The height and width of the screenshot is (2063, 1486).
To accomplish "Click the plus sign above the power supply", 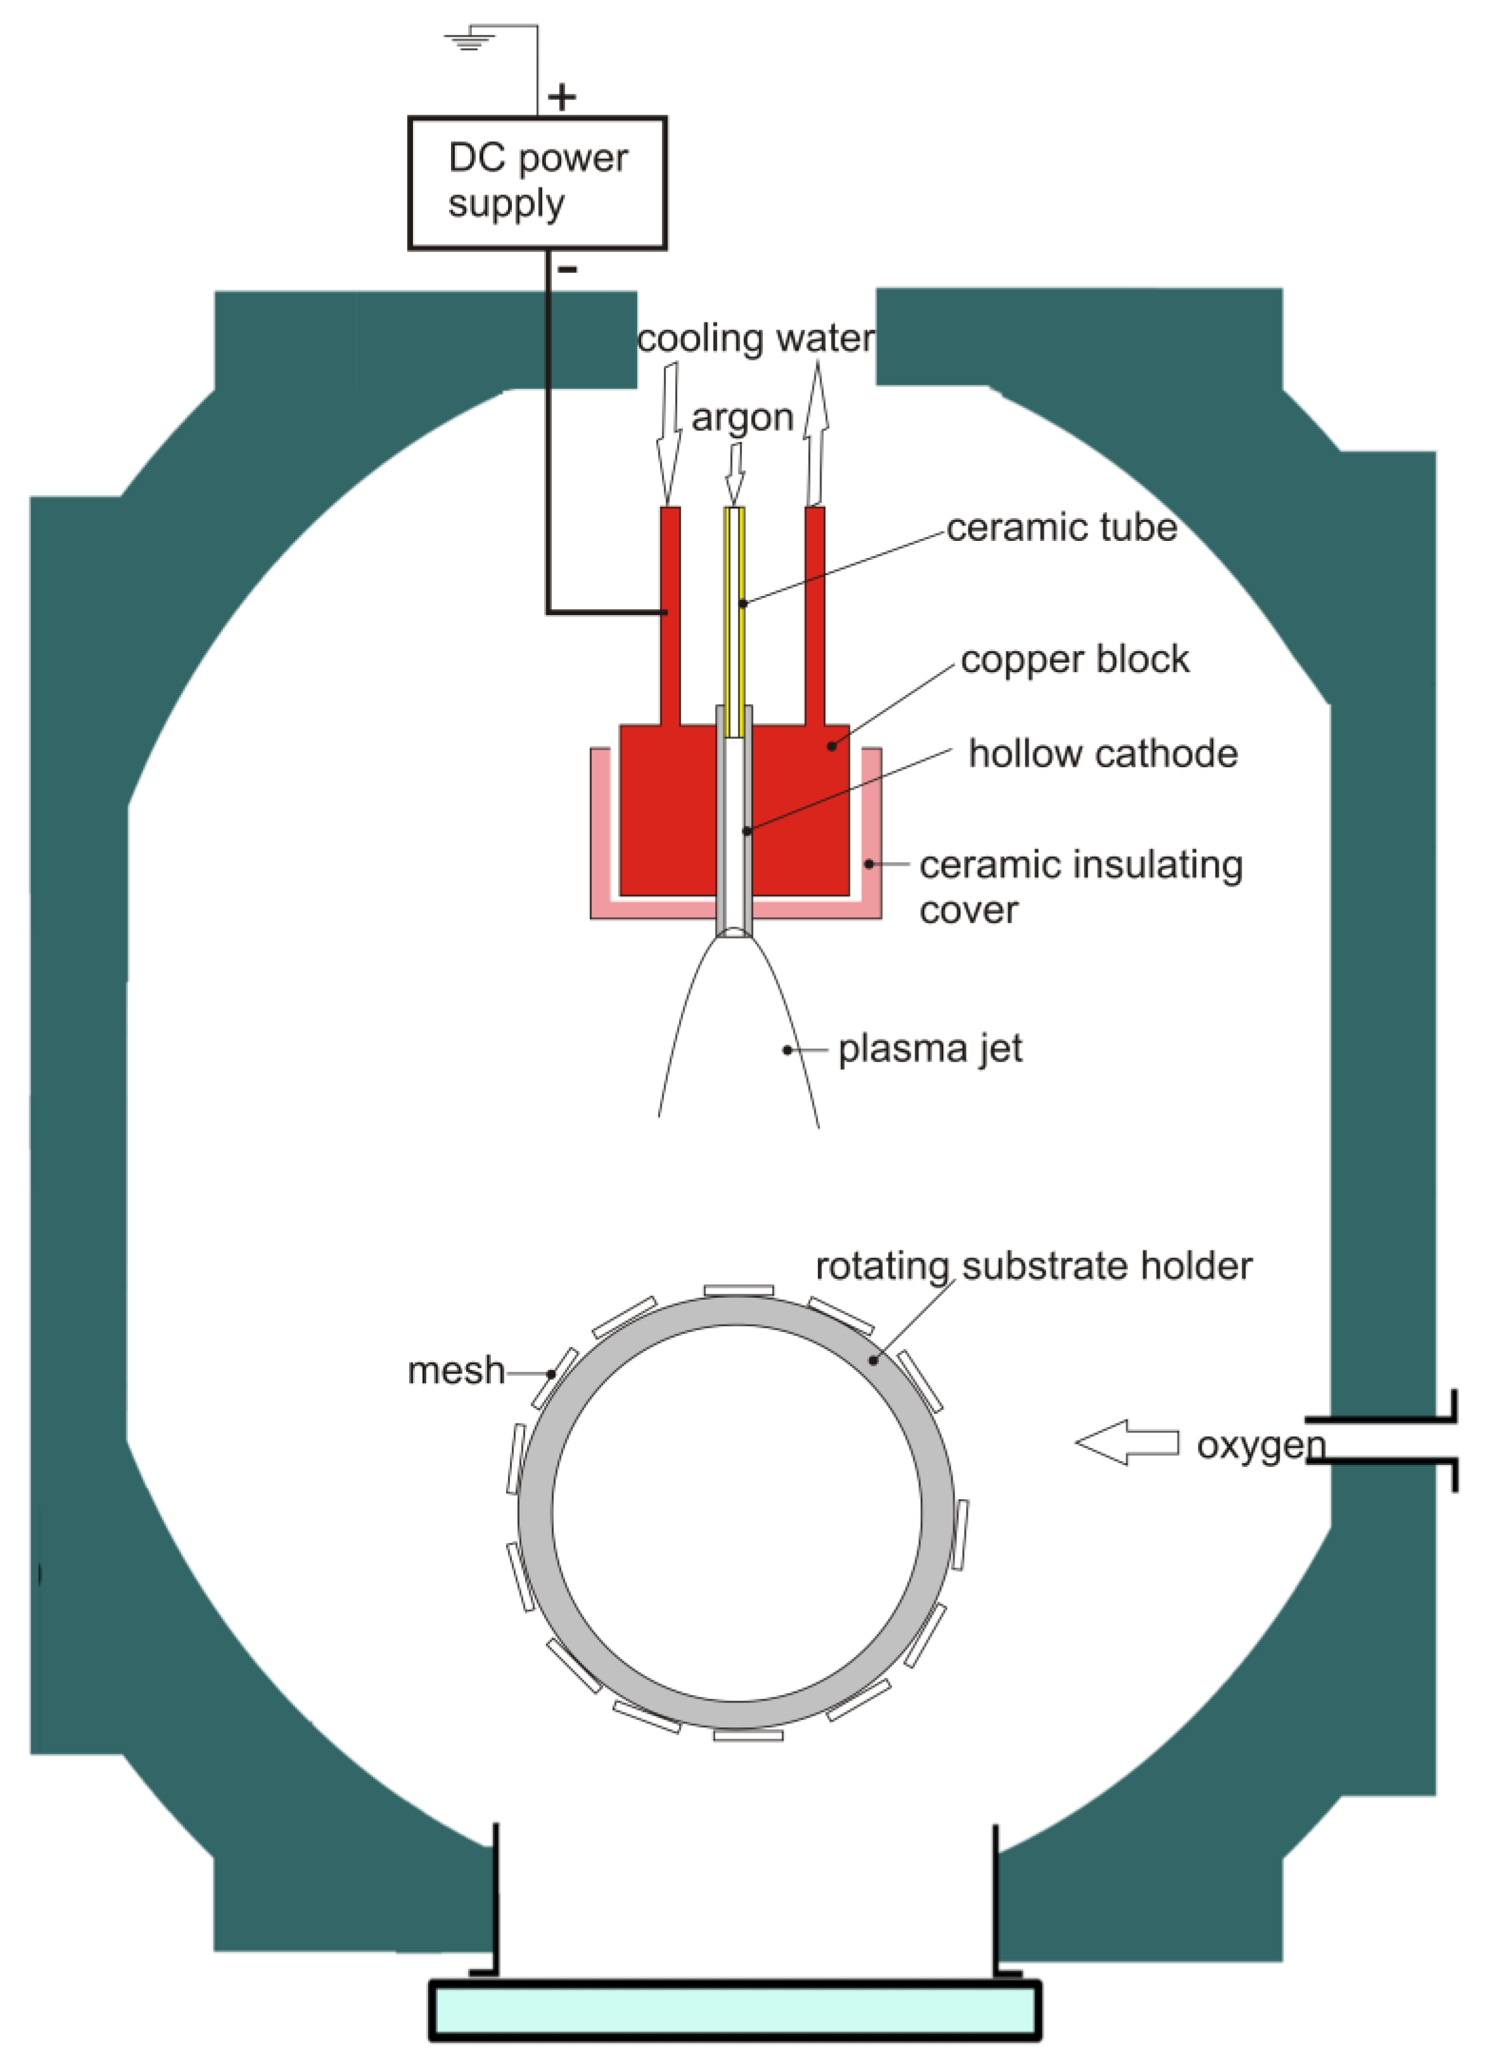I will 562,96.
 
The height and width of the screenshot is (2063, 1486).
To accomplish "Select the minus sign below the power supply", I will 566,269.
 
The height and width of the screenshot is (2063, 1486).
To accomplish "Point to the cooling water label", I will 755,338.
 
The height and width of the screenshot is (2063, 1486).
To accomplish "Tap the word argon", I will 742,417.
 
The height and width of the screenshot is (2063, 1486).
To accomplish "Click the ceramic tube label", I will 1062,528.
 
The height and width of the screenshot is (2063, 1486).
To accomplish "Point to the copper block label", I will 1074,659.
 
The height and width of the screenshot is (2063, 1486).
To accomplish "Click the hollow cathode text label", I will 1102,753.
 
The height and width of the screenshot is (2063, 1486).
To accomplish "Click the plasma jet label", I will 929,1049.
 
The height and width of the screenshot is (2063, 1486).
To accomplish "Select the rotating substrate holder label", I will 1033,1266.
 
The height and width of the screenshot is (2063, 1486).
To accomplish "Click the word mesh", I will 455,1370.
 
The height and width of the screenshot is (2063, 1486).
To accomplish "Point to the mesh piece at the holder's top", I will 739,1290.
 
